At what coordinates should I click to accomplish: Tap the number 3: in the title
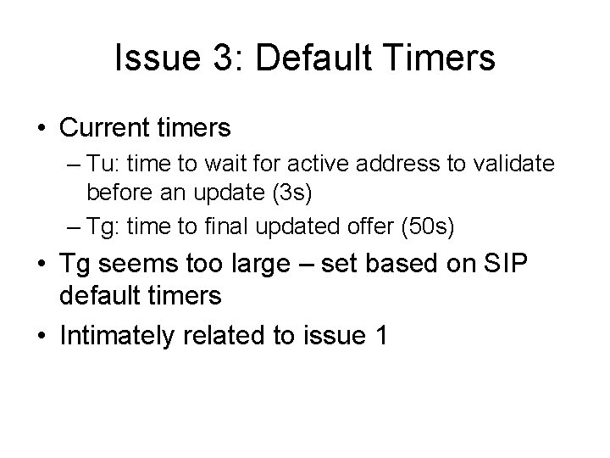point(215,59)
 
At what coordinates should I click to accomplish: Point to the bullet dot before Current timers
point(42,129)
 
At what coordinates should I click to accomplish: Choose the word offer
point(373,226)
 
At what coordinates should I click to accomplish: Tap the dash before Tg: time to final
point(74,227)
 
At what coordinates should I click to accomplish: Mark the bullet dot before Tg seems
point(42,264)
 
